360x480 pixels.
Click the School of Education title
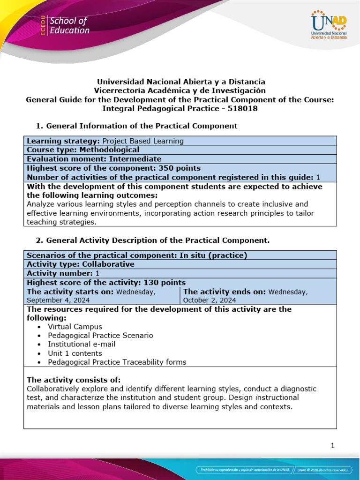point(69,26)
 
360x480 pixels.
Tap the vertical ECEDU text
point(43,26)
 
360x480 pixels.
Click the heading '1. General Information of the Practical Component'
point(136,126)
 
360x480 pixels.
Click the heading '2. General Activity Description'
point(153,240)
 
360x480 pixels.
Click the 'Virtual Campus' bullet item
point(75,327)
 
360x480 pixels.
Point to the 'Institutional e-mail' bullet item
point(82,344)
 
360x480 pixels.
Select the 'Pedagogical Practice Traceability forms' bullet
point(117,362)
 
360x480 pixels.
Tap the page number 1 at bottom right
point(332,446)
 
